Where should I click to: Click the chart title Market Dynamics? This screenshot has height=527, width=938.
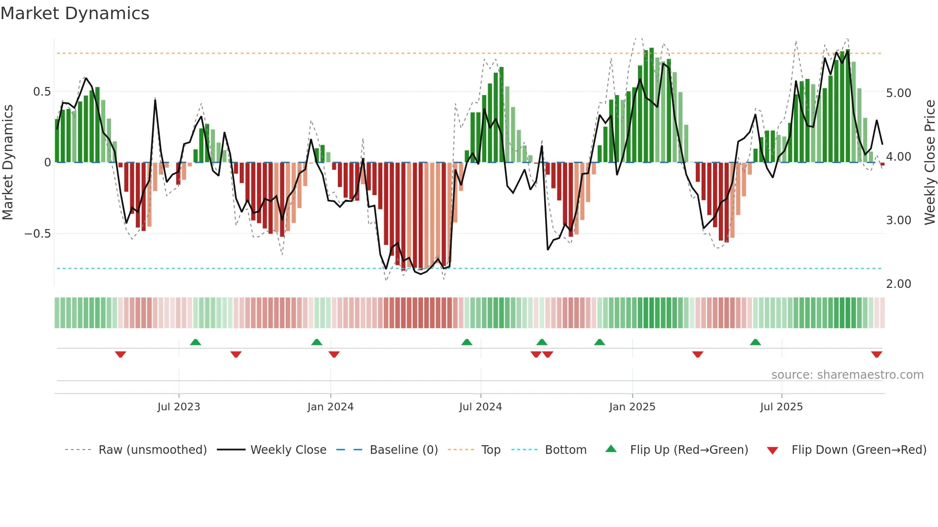pos(75,13)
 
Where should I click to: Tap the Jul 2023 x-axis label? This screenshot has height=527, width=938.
pos(179,407)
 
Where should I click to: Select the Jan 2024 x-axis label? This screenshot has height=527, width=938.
pos(330,407)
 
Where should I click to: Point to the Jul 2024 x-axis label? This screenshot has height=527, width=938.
pos(480,407)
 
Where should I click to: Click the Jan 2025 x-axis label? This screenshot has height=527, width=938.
pos(632,407)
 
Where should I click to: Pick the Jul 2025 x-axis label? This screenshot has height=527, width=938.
pos(781,407)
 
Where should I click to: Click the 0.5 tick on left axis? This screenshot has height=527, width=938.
pos(42,92)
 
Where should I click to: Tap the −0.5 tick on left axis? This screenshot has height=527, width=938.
pos(38,234)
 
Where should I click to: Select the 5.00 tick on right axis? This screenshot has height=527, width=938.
pos(898,93)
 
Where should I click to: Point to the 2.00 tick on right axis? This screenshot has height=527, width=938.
pos(898,284)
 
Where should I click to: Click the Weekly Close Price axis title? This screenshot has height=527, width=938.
pos(929,163)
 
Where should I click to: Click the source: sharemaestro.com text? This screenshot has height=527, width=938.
pos(847,375)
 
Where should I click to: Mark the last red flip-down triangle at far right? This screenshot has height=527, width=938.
pos(876,354)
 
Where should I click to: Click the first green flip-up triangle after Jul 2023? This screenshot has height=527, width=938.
pos(195,342)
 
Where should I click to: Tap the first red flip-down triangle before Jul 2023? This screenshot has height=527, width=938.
pos(121,354)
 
